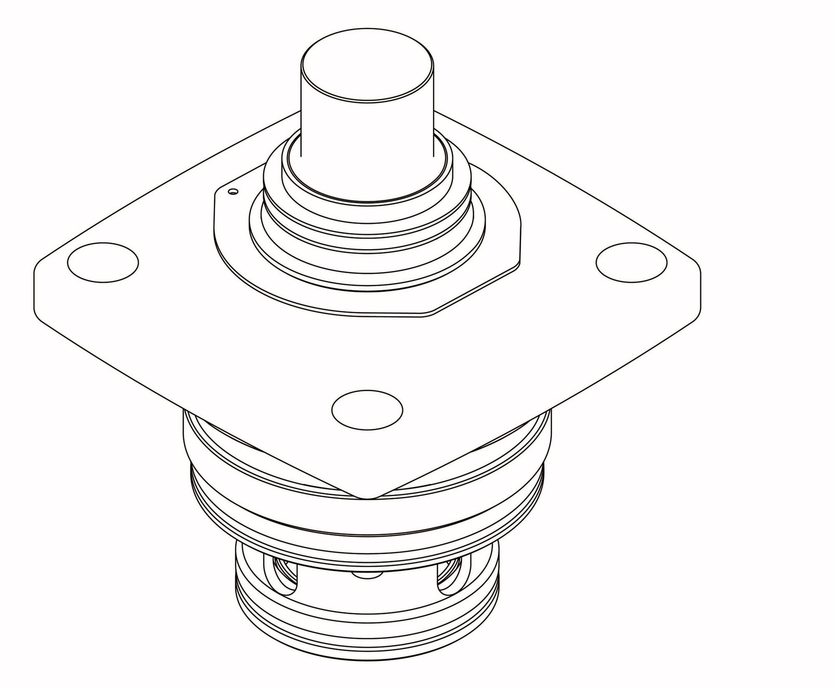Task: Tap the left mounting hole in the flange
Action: click(x=103, y=262)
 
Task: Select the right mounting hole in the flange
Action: click(x=631, y=262)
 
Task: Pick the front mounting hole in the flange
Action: click(x=367, y=410)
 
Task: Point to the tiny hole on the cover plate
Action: click(x=233, y=191)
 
